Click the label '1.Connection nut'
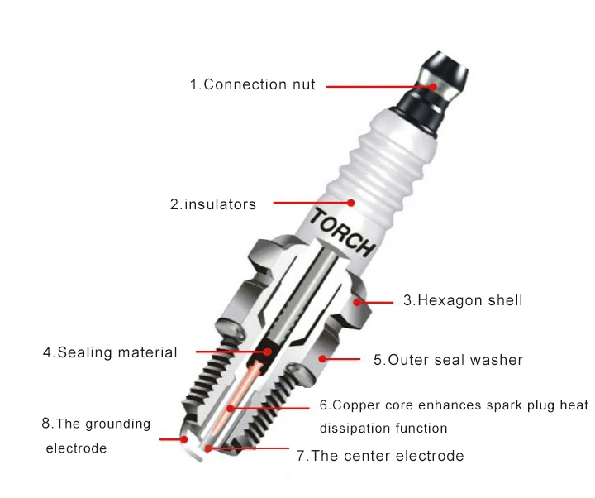click(x=252, y=84)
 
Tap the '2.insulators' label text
click(x=213, y=204)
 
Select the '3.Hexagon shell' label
click(x=463, y=300)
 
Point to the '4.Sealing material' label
click(x=110, y=352)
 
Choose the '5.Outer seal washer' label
click(x=448, y=360)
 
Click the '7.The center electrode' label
click(x=380, y=456)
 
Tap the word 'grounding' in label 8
click(x=118, y=424)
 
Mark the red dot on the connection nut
click(x=433, y=87)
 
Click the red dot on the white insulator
click(x=351, y=203)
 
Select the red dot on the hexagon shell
click(x=357, y=303)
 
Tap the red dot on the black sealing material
click(x=268, y=352)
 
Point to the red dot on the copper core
click(x=231, y=409)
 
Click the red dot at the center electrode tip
click(x=208, y=448)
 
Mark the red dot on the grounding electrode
click(x=184, y=439)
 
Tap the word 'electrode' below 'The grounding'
click(x=76, y=448)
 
